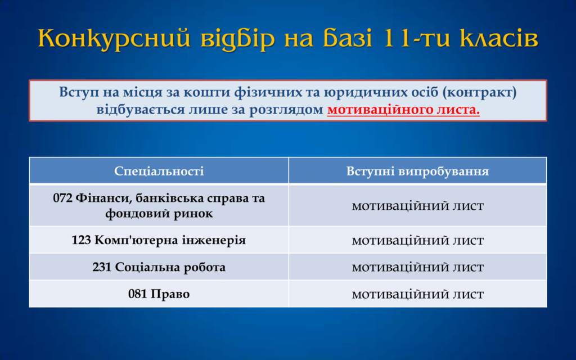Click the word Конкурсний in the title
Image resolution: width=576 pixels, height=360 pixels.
(114, 38)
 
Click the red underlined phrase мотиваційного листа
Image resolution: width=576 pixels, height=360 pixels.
(403, 110)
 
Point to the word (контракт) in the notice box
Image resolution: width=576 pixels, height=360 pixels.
(479, 92)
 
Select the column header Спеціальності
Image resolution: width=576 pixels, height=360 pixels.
(159, 171)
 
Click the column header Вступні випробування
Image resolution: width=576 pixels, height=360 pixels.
(418, 171)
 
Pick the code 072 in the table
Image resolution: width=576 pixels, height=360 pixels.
(62, 199)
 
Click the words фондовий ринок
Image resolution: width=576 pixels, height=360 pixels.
(159, 213)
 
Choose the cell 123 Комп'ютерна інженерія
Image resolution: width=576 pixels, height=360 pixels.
(159, 240)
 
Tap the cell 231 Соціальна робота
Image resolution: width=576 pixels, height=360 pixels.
(159, 267)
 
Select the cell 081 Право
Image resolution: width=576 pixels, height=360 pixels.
(159, 294)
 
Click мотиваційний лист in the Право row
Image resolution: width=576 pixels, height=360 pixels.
(418, 294)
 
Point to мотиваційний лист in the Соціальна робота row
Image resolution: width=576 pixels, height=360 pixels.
(418, 267)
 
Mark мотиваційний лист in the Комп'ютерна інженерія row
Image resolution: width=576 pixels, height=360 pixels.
(418, 240)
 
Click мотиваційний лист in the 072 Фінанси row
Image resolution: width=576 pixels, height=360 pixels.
(418, 206)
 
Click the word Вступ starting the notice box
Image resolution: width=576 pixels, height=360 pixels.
(79, 92)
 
